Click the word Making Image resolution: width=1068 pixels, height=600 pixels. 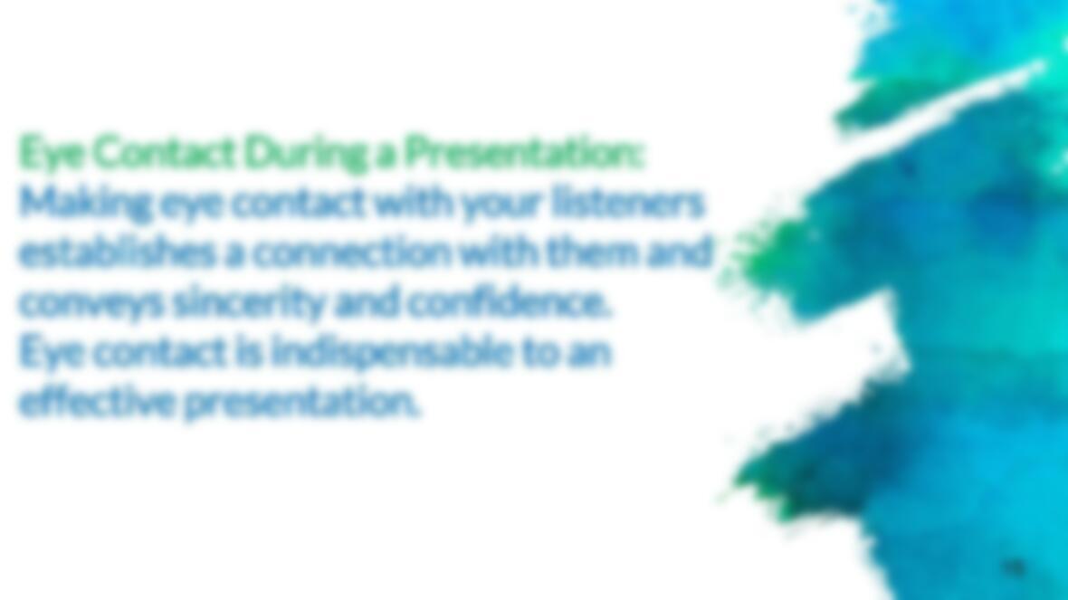(84, 204)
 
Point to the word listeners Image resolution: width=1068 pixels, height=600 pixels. (626, 203)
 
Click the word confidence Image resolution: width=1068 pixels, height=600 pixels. (508, 301)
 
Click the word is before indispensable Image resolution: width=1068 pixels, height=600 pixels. (249, 351)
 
